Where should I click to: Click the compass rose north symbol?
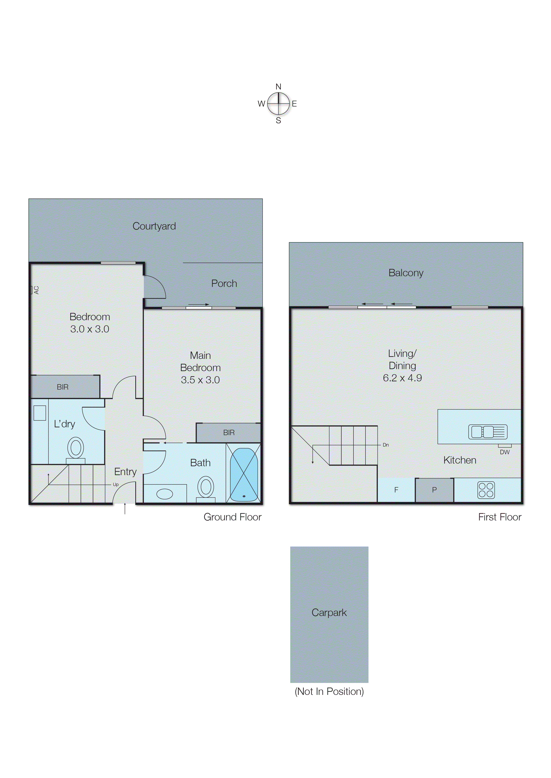[278, 87]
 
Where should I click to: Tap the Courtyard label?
[154, 226]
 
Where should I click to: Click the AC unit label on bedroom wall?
[36, 290]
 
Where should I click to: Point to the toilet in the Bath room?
[206, 488]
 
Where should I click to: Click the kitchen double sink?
[487, 432]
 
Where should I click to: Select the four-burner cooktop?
[486, 490]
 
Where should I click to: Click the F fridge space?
[396, 490]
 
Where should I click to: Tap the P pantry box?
[434, 490]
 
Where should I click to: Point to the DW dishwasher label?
[505, 452]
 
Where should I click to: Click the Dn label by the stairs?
[385, 445]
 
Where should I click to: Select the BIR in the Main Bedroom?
[229, 433]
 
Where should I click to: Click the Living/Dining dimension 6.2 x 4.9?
[402, 378]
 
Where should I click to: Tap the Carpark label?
[329, 612]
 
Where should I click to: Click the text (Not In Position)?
[329, 692]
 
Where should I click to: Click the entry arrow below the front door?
[125, 509]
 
